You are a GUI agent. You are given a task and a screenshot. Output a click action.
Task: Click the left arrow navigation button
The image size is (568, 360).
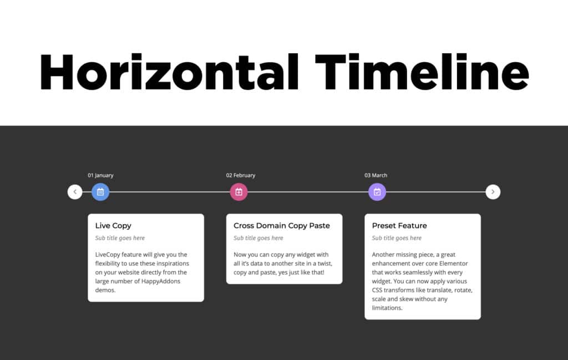75,192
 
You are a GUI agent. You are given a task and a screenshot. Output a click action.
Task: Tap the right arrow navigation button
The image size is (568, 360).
493,192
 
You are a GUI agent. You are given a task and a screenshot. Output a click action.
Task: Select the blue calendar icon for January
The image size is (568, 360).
100,192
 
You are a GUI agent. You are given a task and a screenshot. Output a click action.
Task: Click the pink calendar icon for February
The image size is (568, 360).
239,192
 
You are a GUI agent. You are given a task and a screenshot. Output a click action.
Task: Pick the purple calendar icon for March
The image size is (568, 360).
377,192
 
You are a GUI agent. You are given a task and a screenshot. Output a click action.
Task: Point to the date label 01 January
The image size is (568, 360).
100,175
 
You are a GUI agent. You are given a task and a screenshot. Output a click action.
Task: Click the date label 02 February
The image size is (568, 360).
241,175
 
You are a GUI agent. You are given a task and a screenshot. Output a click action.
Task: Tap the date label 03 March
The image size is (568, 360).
376,175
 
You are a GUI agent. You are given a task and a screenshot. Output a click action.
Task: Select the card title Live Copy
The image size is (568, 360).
113,226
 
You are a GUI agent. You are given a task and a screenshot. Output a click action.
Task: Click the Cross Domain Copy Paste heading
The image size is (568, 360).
282,226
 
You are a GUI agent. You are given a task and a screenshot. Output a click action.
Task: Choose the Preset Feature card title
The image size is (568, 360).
399,226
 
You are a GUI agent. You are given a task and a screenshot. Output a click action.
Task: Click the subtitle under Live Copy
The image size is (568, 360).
120,238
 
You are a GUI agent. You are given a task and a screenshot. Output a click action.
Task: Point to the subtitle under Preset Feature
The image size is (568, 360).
397,238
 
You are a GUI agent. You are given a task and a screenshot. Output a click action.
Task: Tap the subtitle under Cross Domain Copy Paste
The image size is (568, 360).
258,238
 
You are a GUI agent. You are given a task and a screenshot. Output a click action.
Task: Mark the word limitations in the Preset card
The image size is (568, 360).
387,308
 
